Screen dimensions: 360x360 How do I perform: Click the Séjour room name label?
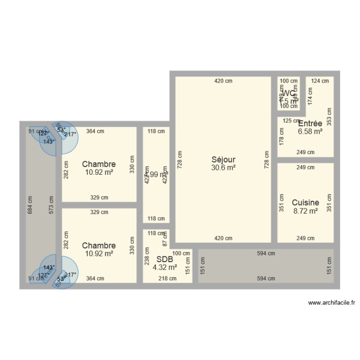pyautogui.click(x=223, y=160)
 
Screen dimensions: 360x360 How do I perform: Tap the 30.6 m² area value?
pyautogui.click(x=223, y=168)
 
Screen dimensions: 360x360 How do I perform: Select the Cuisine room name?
pyautogui.click(x=305, y=203)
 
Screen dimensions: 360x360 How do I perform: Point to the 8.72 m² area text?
pyautogui.click(x=305, y=211)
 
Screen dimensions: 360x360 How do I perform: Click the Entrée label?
pyautogui.click(x=310, y=123)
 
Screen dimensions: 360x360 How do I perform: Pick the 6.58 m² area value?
pyautogui.click(x=310, y=131)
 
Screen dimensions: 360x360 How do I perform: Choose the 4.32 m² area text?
pyautogui.click(x=165, y=267)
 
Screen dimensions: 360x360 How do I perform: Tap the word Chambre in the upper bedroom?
pyautogui.click(x=99, y=164)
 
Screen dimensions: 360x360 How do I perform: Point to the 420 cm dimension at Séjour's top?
pyautogui.click(x=223, y=81)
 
